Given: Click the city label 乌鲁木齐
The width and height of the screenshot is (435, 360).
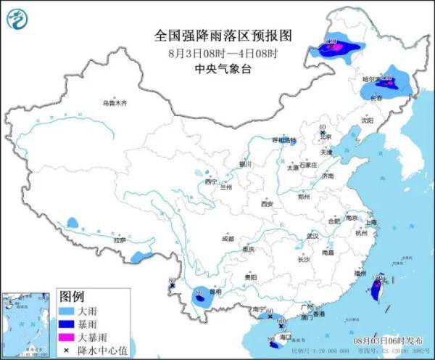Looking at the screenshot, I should click(x=114, y=103).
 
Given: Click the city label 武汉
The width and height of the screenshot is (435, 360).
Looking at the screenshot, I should click(x=312, y=236).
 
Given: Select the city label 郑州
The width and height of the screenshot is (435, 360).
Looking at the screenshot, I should click(x=304, y=196).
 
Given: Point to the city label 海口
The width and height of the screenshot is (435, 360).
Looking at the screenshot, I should click(x=284, y=337).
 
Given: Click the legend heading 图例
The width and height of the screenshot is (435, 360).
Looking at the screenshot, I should click(x=72, y=298).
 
